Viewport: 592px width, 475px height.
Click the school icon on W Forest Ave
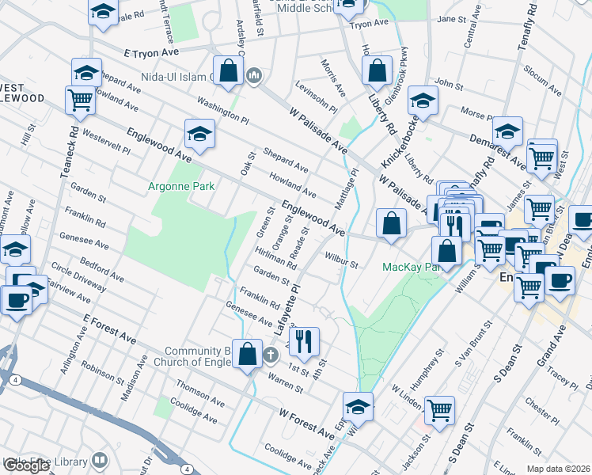pos(359,407)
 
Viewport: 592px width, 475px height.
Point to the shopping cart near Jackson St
pos(439,410)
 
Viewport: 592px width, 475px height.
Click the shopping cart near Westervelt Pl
pos(81,101)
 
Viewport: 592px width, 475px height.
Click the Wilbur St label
pos(342,260)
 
